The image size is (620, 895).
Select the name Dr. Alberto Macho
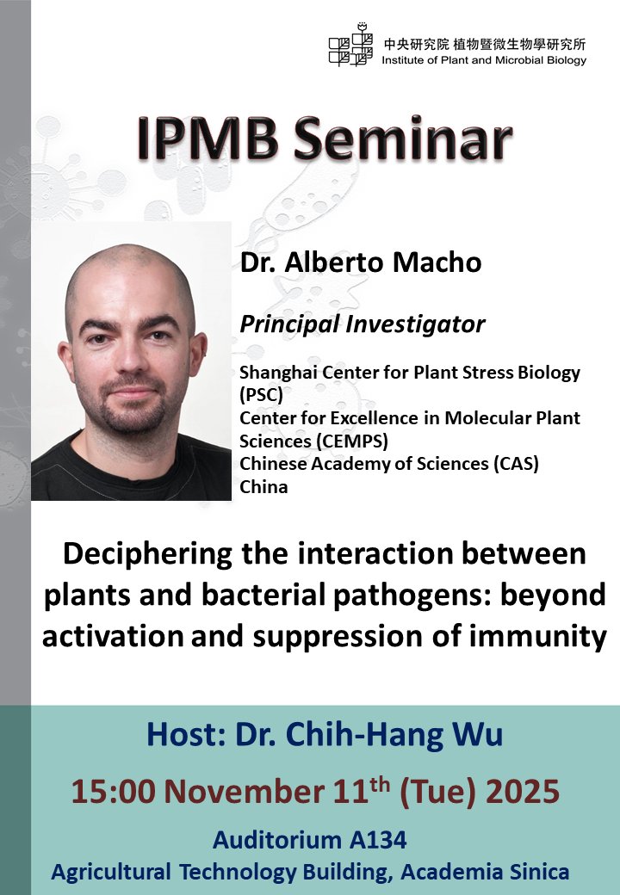click(360, 262)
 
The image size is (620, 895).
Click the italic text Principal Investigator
click(362, 324)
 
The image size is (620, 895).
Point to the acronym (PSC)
click(261, 395)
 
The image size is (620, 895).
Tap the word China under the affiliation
click(263, 486)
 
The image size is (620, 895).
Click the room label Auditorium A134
click(310, 839)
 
